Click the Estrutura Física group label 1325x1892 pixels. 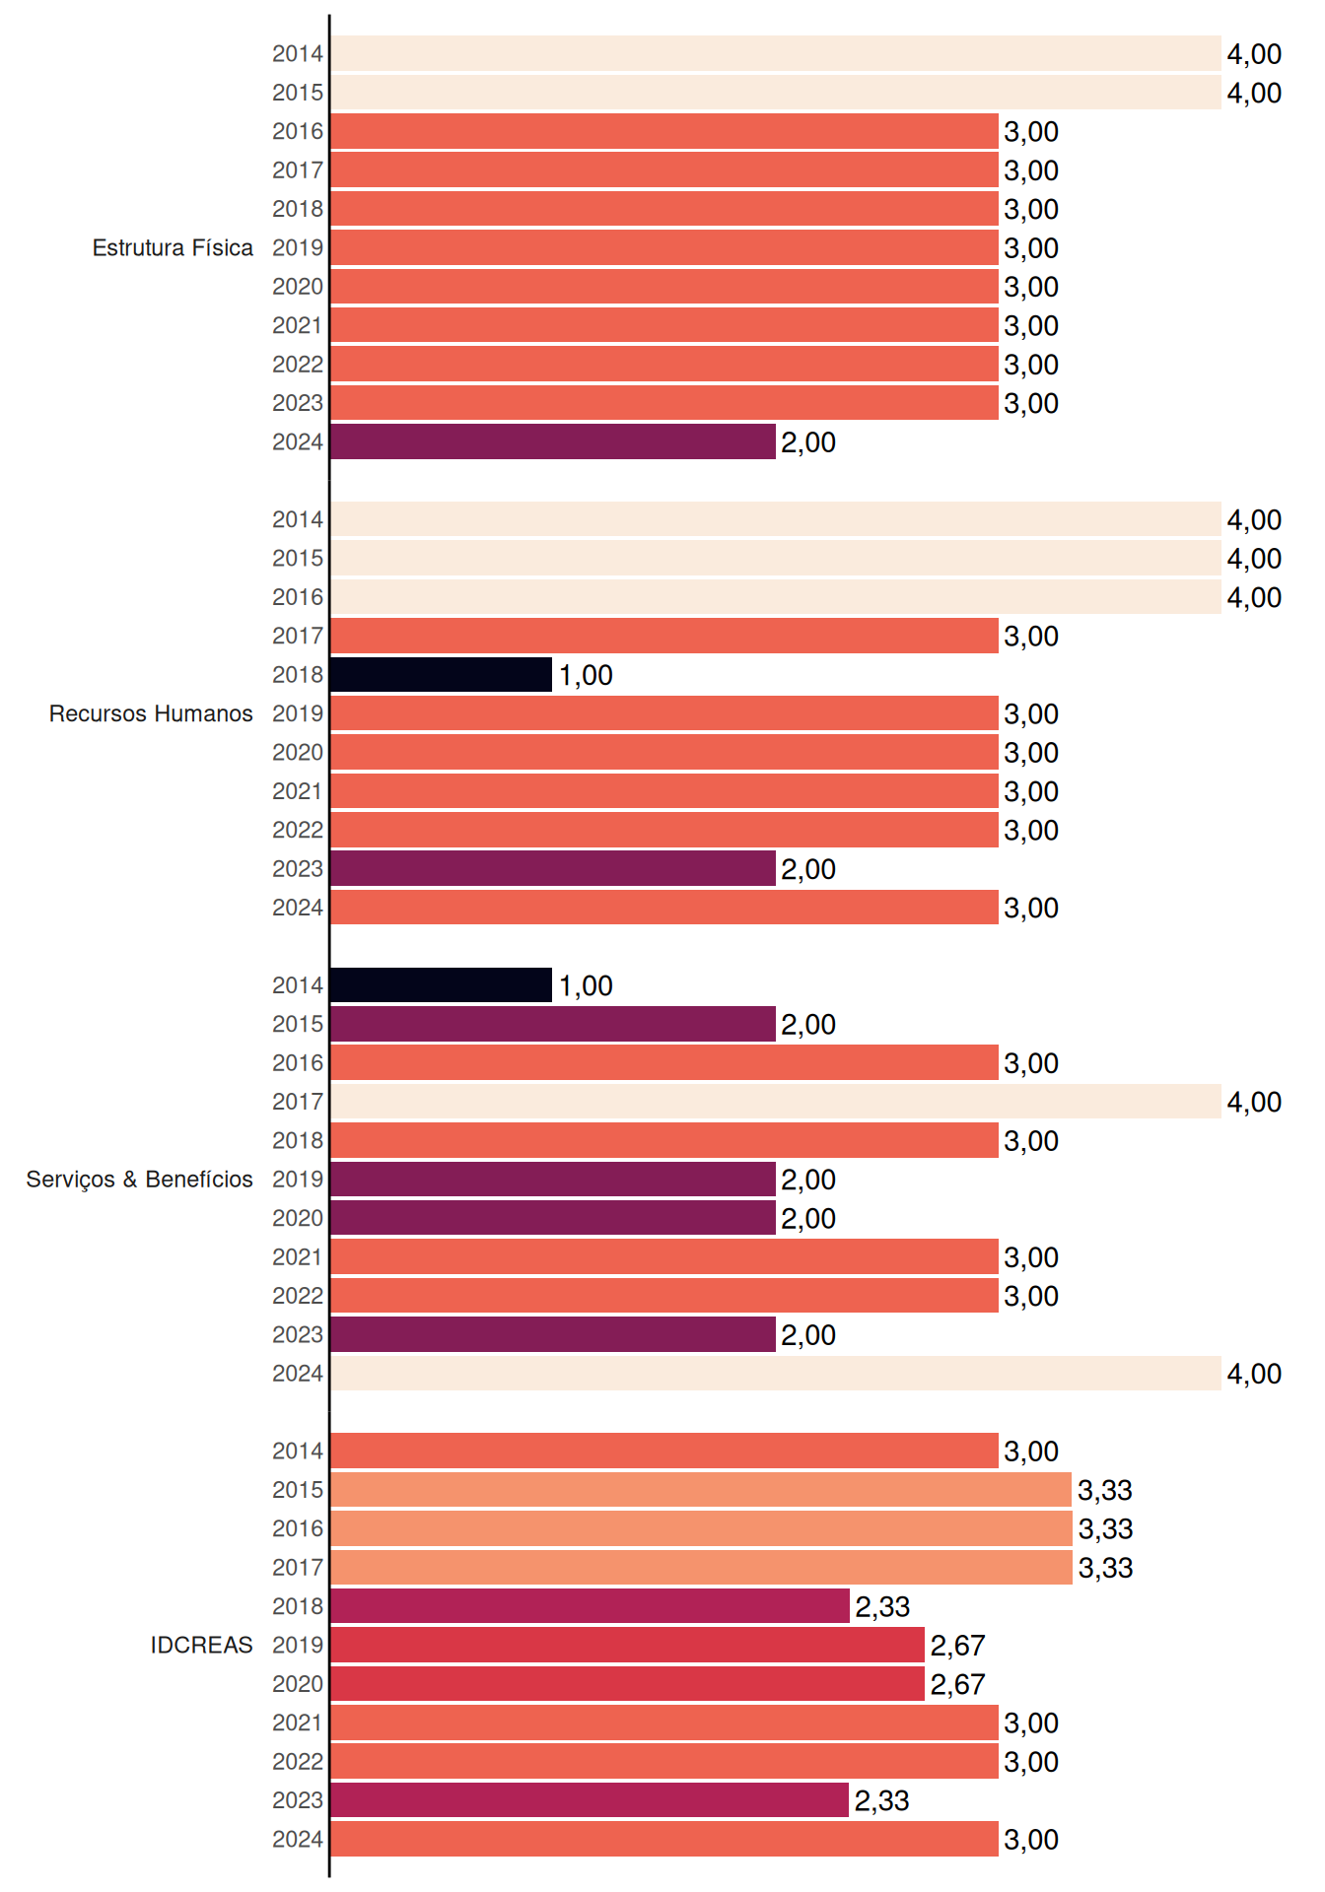[x=173, y=247]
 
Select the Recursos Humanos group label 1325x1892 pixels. [x=151, y=713]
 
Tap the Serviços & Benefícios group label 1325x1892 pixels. [x=139, y=1180]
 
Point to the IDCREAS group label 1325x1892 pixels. [x=201, y=1645]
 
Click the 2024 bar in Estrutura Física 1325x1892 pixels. [x=553, y=441]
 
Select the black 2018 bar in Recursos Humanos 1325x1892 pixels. [x=442, y=675]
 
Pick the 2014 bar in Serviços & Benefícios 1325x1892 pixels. [x=442, y=985]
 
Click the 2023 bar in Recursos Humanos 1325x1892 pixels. [x=553, y=868]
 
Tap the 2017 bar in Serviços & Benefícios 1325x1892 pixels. [x=776, y=1102]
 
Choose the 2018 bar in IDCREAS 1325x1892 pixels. [x=591, y=1606]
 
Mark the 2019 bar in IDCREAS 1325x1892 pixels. [x=628, y=1645]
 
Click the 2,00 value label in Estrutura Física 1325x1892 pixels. [x=808, y=442]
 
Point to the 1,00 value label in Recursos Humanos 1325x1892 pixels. [x=586, y=675]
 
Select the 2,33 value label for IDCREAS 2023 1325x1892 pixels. [x=882, y=1800]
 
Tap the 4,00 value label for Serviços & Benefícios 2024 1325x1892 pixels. [x=1254, y=1374]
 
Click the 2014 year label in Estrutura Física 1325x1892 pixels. [x=298, y=54]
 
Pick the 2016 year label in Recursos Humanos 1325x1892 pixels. [x=298, y=597]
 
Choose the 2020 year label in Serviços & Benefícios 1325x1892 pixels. [x=298, y=1218]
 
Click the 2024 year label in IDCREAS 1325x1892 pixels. [x=298, y=1839]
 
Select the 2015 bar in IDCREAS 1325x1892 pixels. [x=701, y=1490]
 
